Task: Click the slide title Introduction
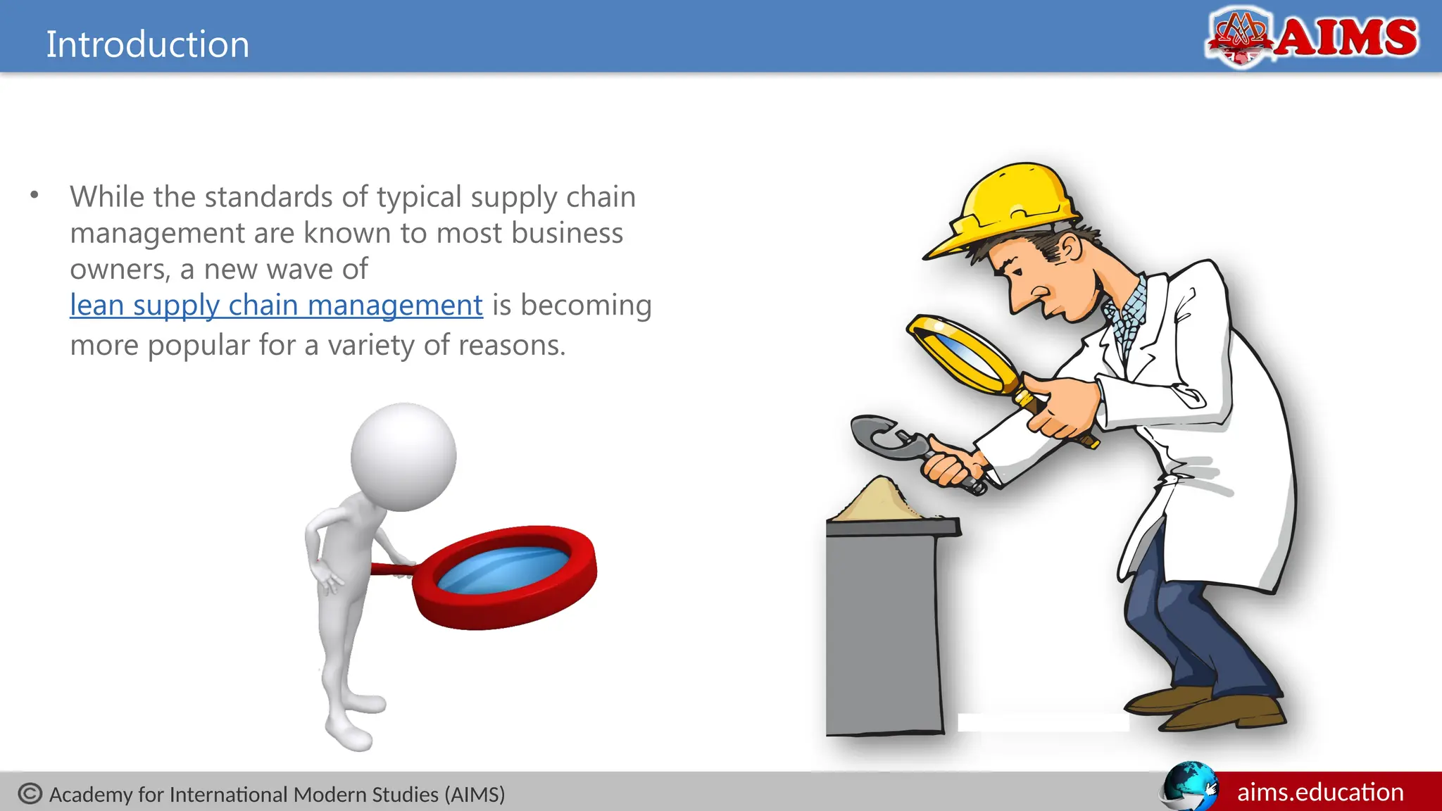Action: tap(148, 44)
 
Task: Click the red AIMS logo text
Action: tap(1346, 37)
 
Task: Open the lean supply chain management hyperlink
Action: tap(276, 306)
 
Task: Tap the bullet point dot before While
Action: tap(35, 195)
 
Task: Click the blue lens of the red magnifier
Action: tap(504, 570)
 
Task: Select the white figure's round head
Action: tap(403, 456)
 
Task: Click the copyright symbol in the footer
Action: tap(30, 793)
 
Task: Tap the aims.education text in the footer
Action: tap(1320, 793)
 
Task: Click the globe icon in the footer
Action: tap(1189, 786)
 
